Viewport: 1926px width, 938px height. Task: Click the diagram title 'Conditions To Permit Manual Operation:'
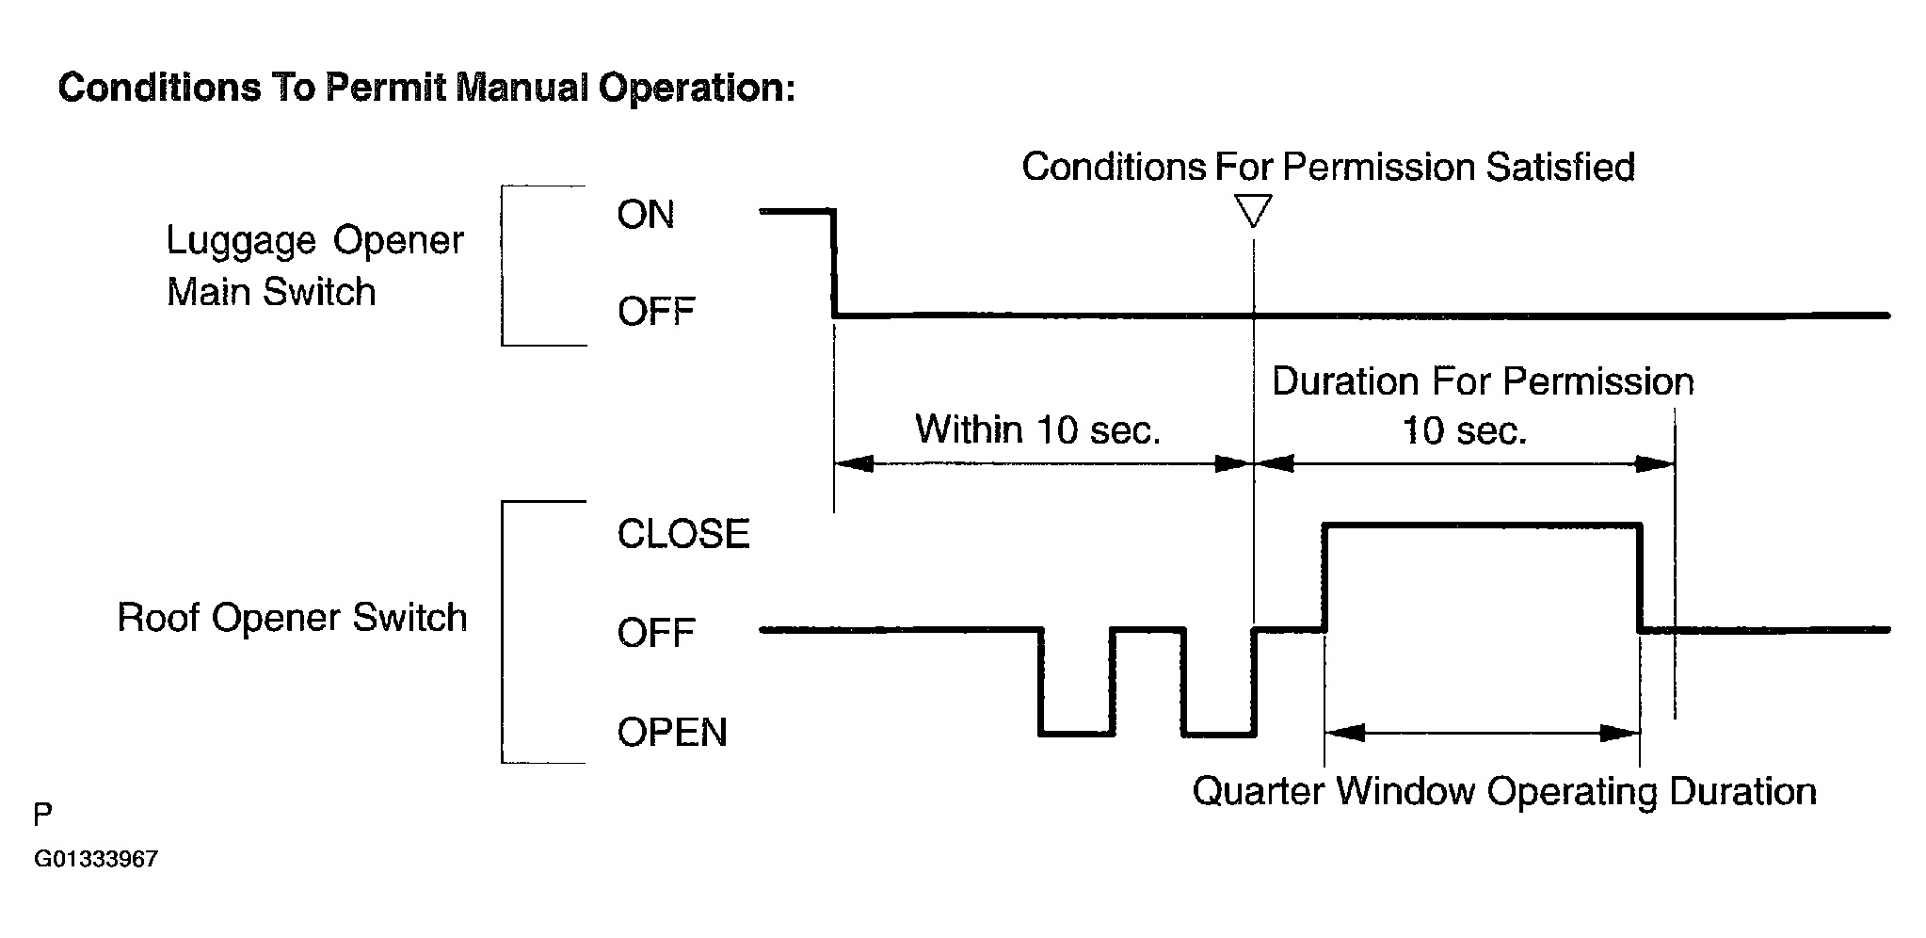coord(426,89)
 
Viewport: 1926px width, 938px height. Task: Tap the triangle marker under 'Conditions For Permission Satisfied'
coord(1254,210)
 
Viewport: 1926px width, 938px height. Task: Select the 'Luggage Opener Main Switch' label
coord(314,267)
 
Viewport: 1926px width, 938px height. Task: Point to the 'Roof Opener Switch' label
coord(292,618)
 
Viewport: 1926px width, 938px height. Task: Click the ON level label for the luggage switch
coord(646,215)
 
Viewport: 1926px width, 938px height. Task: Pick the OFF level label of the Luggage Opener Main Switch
coord(656,312)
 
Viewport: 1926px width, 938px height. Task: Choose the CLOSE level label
coord(683,534)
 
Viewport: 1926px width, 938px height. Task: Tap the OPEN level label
coord(672,732)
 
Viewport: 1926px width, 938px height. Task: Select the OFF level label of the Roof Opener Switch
coord(656,633)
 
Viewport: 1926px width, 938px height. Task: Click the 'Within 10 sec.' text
coord(1038,429)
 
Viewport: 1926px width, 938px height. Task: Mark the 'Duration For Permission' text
coord(1483,381)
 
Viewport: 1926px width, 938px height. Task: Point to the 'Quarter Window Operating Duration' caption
coord(1504,791)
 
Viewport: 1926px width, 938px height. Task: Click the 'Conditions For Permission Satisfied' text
coord(1328,167)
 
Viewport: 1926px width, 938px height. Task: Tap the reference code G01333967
coord(96,859)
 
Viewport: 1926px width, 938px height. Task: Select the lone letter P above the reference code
coord(43,815)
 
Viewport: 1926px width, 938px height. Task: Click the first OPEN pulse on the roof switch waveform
coord(1077,733)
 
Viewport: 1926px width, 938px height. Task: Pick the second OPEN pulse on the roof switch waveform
coord(1219,733)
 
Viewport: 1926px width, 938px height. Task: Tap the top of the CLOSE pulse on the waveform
coord(1483,525)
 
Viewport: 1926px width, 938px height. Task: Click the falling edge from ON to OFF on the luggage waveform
coord(834,264)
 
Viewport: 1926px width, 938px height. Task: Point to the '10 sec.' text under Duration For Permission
coord(1464,431)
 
